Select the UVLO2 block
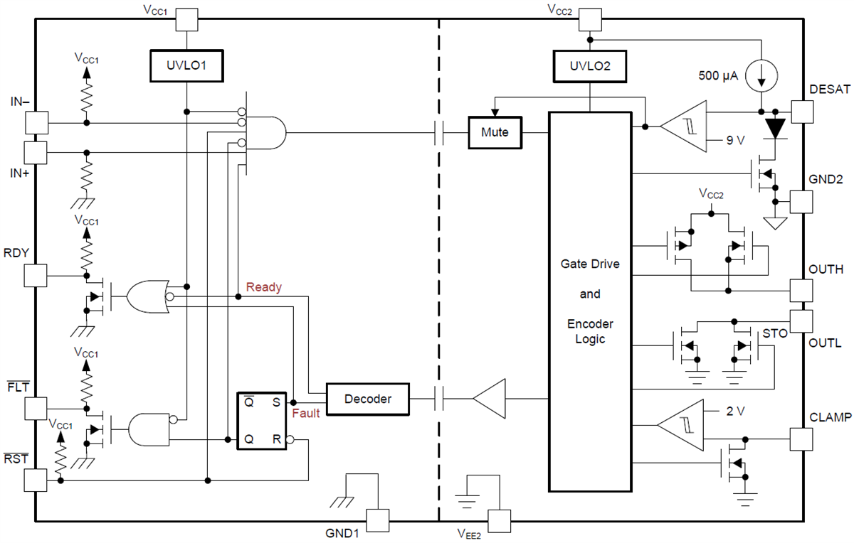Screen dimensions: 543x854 point(589,66)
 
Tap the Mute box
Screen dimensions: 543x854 point(495,132)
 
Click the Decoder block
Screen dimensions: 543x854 point(367,399)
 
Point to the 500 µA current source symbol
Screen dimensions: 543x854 point(761,76)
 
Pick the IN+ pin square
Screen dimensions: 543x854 point(36,152)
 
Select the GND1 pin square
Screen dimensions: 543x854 point(377,521)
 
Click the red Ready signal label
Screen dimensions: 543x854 point(264,288)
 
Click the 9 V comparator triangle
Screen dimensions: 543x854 point(684,127)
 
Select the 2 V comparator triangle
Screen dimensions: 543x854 point(680,425)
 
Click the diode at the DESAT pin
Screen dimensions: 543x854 point(776,128)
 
